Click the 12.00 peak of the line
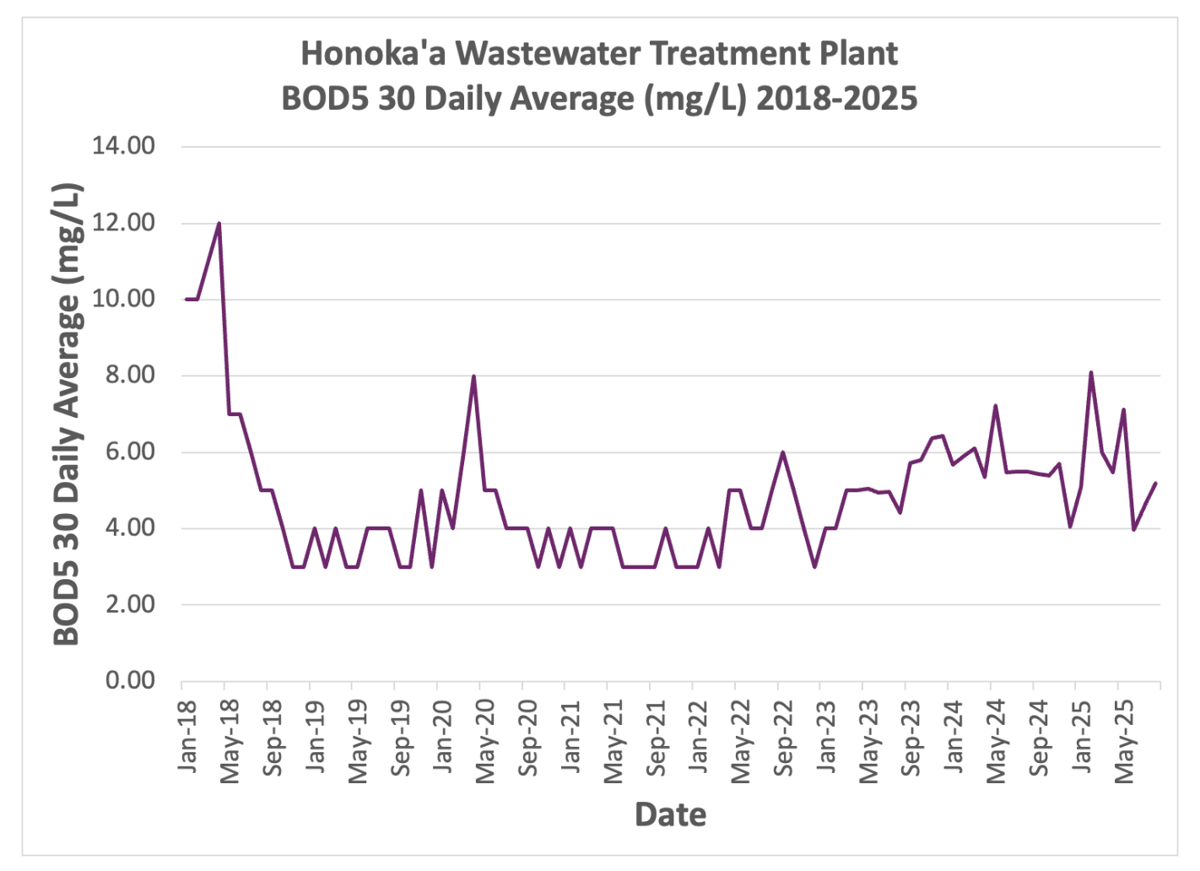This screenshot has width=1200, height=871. click(219, 224)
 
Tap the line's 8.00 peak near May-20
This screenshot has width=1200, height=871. click(474, 376)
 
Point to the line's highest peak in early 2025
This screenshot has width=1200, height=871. click(1091, 372)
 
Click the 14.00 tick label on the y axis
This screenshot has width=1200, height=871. click(124, 146)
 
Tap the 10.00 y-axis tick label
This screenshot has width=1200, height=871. click(124, 299)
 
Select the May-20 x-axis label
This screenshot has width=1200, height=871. click(484, 742)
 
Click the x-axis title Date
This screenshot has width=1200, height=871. click(670, 814)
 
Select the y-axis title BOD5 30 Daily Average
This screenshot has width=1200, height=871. click(68, 414)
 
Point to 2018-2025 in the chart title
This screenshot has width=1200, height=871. click(836, 99)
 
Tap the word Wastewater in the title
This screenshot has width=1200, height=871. click(550, 54)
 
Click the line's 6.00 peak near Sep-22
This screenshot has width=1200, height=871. click(782, 452)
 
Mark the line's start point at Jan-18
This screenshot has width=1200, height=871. click(186, 300)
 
